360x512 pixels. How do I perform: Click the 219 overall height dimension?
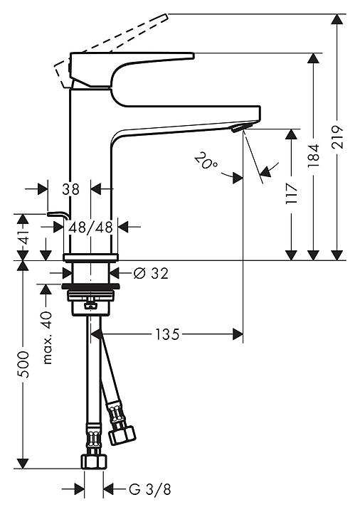point(338,137)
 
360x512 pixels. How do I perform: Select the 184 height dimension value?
point(314,156)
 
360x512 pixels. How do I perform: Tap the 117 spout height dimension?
point(292,193)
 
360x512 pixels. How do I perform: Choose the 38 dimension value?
point(71,188)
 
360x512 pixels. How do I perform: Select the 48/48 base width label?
point(90,227)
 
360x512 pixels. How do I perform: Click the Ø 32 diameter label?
point(151,273)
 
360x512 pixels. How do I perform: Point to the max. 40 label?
point(48,338)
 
